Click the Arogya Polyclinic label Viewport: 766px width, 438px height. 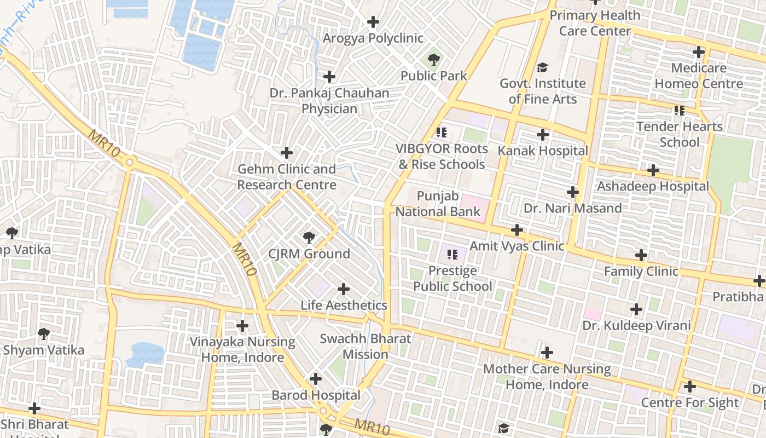tap(373, 38)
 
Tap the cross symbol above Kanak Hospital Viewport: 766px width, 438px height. tap(542, 135)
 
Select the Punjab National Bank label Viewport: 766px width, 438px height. tap(438, 204)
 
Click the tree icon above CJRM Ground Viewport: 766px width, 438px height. tap(309, 238)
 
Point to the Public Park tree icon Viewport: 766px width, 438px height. tap(434, 59)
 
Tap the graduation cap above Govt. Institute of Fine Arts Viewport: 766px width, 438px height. tap(542, 67)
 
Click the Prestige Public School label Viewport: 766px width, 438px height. tap(452, 279)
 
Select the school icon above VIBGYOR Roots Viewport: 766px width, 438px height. tap(442, 132)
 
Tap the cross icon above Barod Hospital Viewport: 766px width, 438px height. tap(316, 379)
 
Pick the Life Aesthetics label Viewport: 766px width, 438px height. tap(344, 306)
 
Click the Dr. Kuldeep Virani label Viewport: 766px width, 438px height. tap(636, 326)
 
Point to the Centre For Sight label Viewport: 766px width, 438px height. tap(689, 403)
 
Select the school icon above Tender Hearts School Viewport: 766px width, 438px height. tap(680, 111)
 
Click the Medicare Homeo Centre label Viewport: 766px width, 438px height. tap(699, 76)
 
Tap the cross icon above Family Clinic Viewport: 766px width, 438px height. tap(641, 255)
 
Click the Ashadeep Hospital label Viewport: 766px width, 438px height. tap(653, 187)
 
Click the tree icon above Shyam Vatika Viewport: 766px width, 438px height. tap(44, 333)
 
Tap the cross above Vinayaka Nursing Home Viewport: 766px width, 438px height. tap(242, 326)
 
